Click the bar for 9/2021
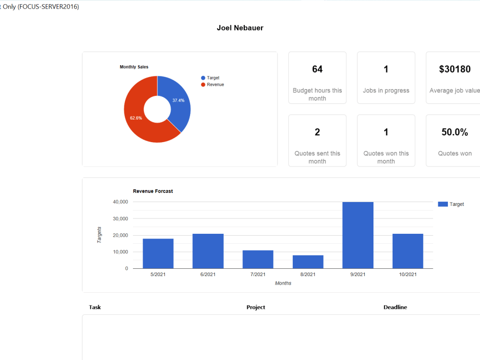pyautogui.click(x=358, y=235)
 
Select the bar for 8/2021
pyautogui.click(x=308, y=262)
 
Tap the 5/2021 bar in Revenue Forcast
pyautogui.click(x=158, y=253)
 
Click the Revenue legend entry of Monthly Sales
pyautogui.click(x=213, y=84)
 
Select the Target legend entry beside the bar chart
pyautogui.click(x=451, y=204)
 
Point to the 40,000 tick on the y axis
pyautogui.click(x=120, y=202)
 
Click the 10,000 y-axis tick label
pyautogui.click(x=120, y=252)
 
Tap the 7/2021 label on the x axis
pyautogui.click(x=258, y=274)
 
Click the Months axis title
pyautogui.click(x=283, y=283)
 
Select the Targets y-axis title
pyautogui.click(x=99, y=235)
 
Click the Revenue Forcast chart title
pyautogui.click(x=153, y=191)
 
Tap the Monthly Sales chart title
pyautogui.click(x=134, y=67)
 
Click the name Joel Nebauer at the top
pyautogui.click(x=240, y=28)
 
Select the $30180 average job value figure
pyautogui.click(x=455, y=69)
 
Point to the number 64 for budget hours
pyautogui.click(x=317, y=69)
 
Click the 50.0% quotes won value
pyautogui.click(x=455, y=132)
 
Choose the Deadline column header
pyautogui.click(x=395, y=307)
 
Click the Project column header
pyautogui.click(x=256, y=307)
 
